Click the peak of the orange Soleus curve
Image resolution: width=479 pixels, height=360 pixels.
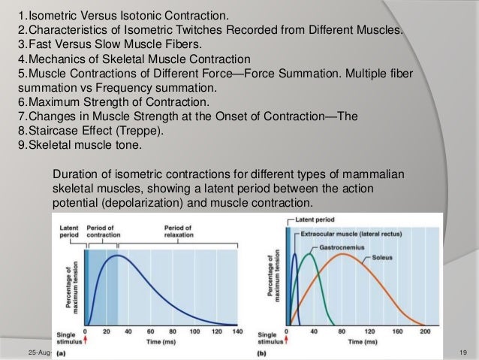click(343, 254)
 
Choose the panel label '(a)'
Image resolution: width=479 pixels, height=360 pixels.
click(59, 352)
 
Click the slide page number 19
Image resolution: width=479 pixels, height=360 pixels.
click(463, 352)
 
